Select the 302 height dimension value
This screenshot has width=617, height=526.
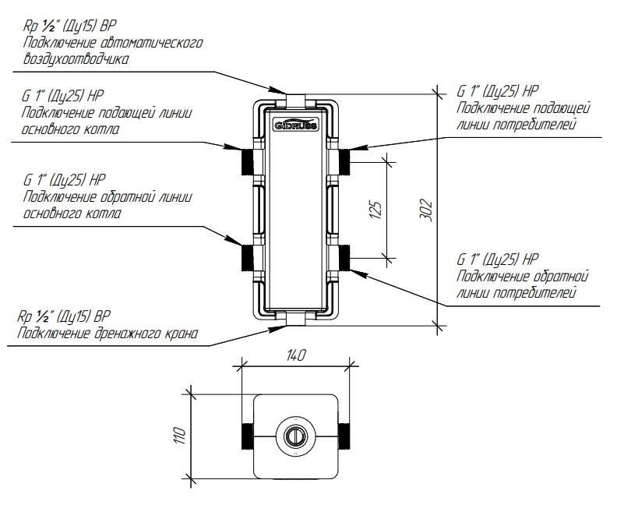426,209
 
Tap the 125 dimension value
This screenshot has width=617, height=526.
376,209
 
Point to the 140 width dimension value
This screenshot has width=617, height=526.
296,355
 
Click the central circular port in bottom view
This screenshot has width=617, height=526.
294,436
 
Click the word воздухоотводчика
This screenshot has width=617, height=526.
76,58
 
